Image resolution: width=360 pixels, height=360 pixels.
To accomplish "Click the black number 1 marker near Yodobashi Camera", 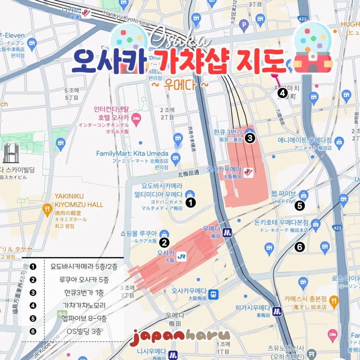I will (x=190, y=202).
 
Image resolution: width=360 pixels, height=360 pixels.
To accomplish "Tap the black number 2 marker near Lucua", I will (x=164, y=242).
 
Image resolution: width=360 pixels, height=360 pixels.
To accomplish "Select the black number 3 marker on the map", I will (x=250, y=138).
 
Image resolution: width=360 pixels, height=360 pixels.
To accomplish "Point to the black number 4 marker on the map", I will (x=282, y=93).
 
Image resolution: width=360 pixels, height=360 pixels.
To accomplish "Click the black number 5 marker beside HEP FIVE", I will (x=300, y=206).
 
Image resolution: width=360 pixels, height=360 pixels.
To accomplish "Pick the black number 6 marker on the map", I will (x=300, y=247).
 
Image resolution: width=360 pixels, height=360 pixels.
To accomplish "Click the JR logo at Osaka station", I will (x=181, y=257).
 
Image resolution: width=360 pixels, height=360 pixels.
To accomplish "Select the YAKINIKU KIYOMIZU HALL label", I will (x=79, y=200).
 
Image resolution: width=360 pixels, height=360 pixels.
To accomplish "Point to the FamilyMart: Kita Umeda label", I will (x=132, y=154).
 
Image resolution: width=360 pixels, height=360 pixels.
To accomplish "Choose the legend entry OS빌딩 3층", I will (x=84, y=331).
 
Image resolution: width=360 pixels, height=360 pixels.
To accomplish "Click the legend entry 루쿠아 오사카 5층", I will (x=84, y=280).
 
